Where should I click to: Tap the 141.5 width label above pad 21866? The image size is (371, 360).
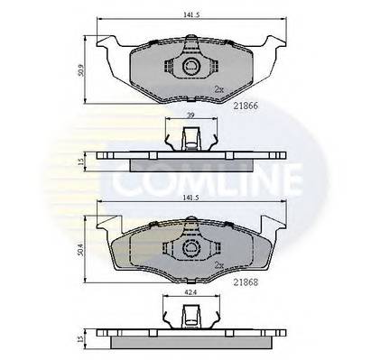pyautogui.click(x=189, y=13)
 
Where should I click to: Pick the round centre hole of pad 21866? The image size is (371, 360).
pyautogui.click(x=190, y=69)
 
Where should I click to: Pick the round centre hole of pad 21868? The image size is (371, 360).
pyautogui.click(x=190, y=246)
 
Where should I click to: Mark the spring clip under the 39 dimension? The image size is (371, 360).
pyautogui.click(x=190, y=140)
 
